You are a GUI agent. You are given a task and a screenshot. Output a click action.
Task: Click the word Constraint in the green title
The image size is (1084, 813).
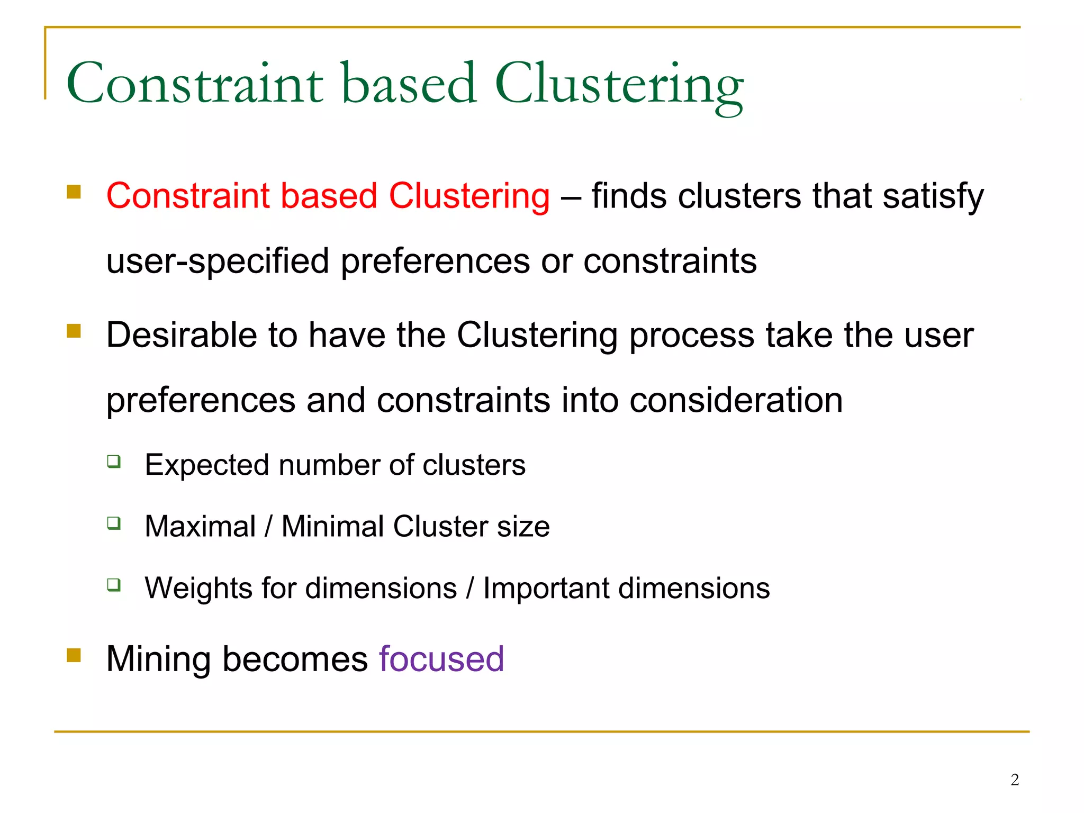pyautogui.click(x=195, y=84)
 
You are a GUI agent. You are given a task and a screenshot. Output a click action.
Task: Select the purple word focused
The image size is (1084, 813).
pyautogui.click(x=441, y=659)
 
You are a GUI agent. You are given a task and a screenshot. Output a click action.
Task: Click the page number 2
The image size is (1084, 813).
pyautogui.click(x=1015, y=780)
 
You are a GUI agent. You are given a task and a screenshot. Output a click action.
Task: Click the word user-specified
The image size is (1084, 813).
pyautogui.click(x=218, y=261)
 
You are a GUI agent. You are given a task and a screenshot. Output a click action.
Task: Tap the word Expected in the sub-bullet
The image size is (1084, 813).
pyautogui.click(x=206, y=465)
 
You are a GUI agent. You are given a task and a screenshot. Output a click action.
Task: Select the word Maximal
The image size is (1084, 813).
pyautogui.click(x=200, y=527)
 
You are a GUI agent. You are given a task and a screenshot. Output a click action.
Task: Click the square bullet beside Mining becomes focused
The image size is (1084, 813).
pyautogui.click(x=74, y=656)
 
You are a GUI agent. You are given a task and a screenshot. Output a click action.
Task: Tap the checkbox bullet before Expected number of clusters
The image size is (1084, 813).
pyautogui.click(x=114, y=462)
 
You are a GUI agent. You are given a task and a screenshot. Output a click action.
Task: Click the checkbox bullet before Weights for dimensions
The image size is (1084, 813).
pyautogui.click(x=114, y=585)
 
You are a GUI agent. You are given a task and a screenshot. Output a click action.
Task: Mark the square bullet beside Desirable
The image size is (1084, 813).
pyautogui.click(x=74, y=331)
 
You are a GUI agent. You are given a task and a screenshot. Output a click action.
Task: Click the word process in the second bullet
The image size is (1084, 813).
pyautogui.click(x=691, y=336)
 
